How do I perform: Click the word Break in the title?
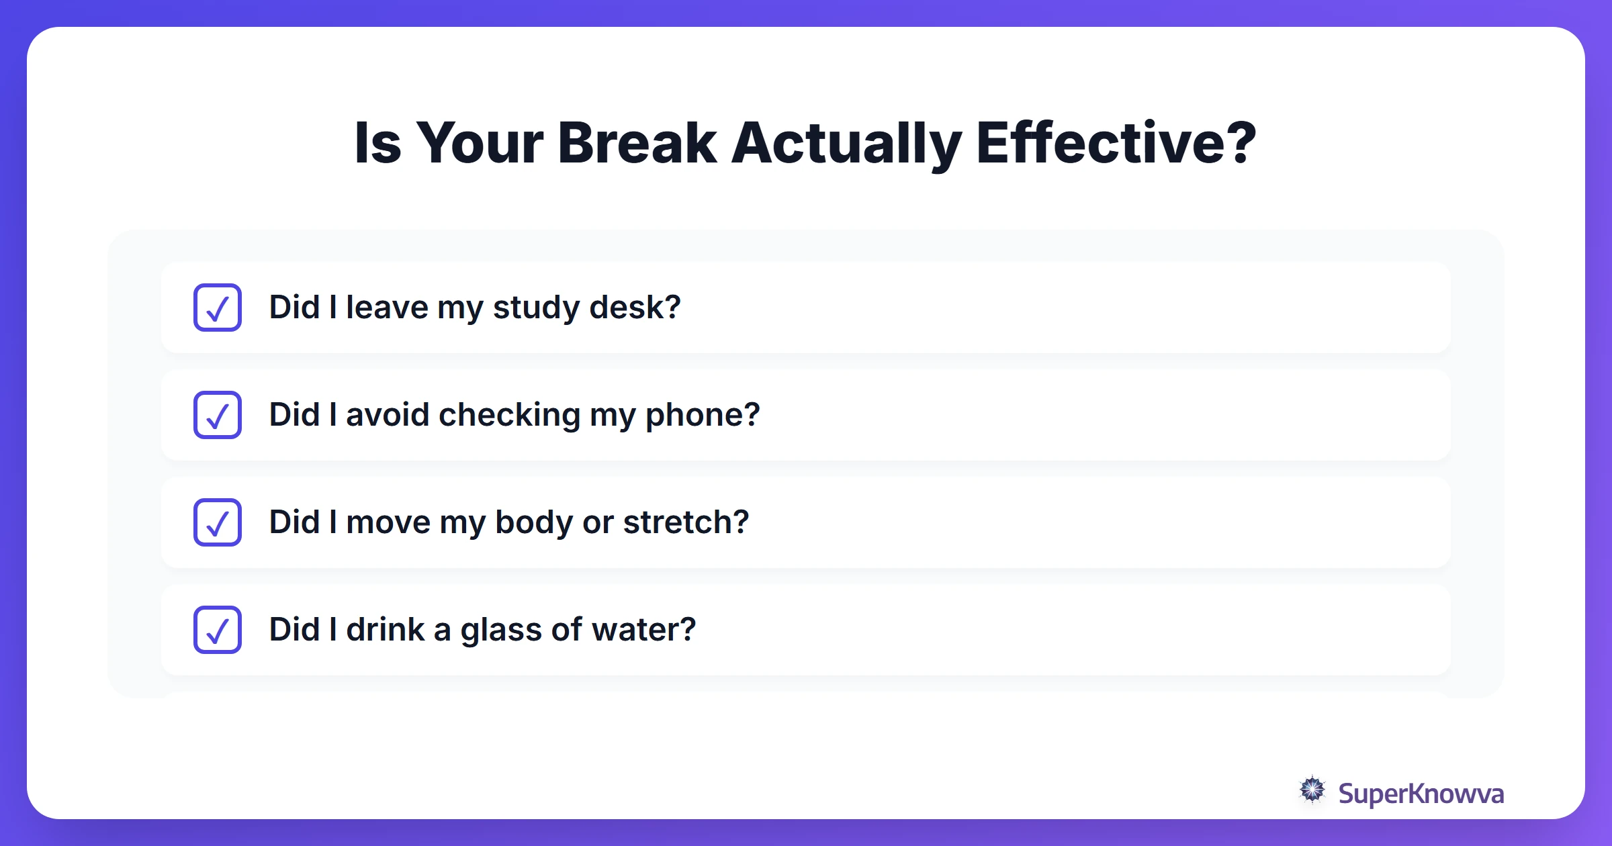coord(637,143)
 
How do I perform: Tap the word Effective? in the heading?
coord(1116,143)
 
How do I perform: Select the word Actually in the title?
coord(846,143)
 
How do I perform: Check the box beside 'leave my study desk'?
coord(218,308)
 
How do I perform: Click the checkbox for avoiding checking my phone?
coord(218,415)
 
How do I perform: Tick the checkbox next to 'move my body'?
coord(218,522)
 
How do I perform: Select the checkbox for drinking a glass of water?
coord(218,630)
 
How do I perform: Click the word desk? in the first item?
coord(635,308)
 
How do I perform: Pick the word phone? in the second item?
coord(703,415)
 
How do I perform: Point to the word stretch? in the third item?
coord(686,522)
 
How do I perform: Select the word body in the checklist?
coord(533,522)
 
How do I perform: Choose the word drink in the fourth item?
coord(385,630)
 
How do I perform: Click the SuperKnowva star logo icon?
coord(1312,790)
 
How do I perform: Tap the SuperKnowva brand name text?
coord(1421,794)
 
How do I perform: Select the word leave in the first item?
coord(387,308)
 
